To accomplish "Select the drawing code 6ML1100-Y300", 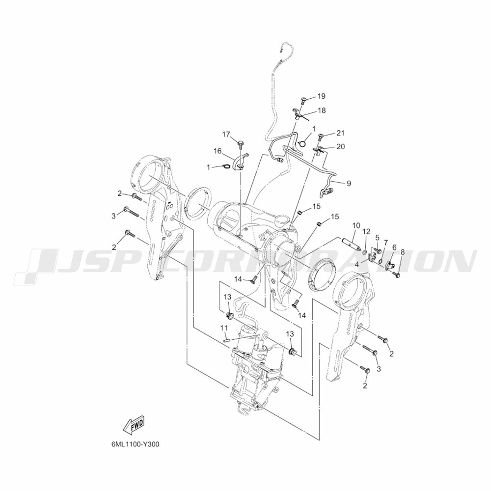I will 135,444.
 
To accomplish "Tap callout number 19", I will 321,96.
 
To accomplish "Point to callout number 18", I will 321,110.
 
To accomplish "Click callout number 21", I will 341,133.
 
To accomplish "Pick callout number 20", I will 341,146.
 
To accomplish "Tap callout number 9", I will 348,183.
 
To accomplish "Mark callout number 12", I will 366,231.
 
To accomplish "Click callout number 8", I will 403,252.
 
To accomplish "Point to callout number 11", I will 223,327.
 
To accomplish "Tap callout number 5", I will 378,237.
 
